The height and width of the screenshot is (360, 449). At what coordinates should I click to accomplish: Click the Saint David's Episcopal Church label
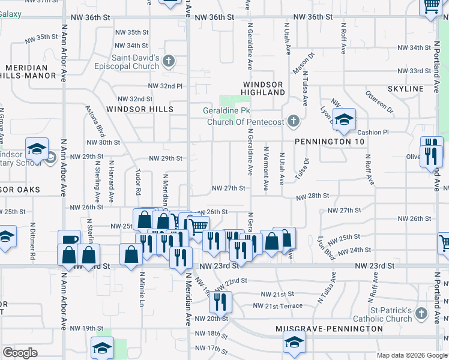click(134, 62)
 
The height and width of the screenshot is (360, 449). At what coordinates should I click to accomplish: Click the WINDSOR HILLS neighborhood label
click(140, 109)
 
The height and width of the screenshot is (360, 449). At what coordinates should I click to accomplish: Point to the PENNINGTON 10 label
click(330, 141)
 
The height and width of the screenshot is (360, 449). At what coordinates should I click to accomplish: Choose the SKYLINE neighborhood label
click(406, 89)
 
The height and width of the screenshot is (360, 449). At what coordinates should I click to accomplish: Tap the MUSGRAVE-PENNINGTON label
click(329, 329)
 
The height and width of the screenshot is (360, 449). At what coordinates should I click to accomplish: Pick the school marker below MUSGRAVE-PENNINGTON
click(294, 344)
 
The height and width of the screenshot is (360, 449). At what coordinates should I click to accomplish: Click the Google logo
click(20, 353)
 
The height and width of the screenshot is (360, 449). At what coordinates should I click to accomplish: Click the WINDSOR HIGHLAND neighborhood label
click(264, 88)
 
